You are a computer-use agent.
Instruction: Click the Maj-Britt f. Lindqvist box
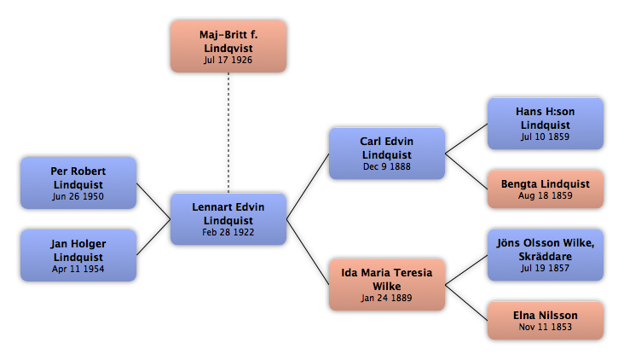coord(228,47)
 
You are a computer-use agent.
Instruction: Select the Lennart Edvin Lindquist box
coord(228,219)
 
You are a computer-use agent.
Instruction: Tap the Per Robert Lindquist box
coord(78,183)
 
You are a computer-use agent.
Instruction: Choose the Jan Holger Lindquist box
coord(78,255)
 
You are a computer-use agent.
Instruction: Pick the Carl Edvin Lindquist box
coord(387,154)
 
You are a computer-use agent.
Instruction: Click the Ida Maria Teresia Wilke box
coord(387,285)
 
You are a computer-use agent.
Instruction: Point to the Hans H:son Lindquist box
coord(546,124)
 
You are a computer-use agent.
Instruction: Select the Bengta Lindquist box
coord(546,189)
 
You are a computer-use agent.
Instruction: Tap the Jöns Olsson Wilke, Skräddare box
coord(546,255)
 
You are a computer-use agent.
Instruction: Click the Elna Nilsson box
coord(546,321)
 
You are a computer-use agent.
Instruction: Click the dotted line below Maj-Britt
coord(228,133)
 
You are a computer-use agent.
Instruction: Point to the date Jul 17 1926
coord(228,60)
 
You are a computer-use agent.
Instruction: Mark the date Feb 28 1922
coord(228,232)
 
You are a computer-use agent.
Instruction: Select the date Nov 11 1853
coord(546,327)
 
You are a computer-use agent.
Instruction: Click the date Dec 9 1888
coord(387,166)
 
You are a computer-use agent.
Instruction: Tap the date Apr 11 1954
coord(78,269)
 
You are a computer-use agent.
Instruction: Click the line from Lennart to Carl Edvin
coord(308,186)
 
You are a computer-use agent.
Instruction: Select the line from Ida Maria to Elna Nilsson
coord(466,303)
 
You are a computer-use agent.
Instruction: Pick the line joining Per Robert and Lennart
coord(153,201)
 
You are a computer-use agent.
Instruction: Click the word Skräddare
coord(546,257)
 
